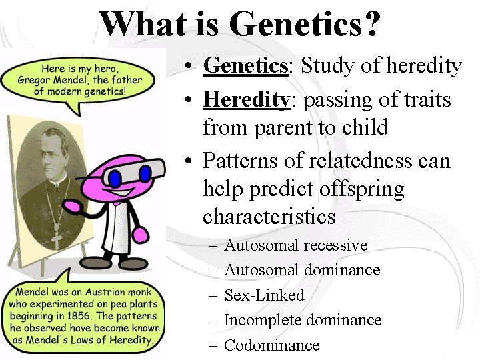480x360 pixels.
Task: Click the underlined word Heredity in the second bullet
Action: coord(245,100)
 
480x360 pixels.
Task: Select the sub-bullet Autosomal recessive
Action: coord(295,245)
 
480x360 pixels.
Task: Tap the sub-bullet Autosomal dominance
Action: coord(302,270)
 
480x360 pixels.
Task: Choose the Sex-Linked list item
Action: coord(264,295)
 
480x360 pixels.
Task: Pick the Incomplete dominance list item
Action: coord(303,320)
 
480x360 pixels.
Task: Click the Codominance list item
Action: coord(272,345)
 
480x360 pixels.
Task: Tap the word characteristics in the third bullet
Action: coord(269,217)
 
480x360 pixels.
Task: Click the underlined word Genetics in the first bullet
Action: coord(245,65)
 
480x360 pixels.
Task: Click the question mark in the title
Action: coord(373,24)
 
